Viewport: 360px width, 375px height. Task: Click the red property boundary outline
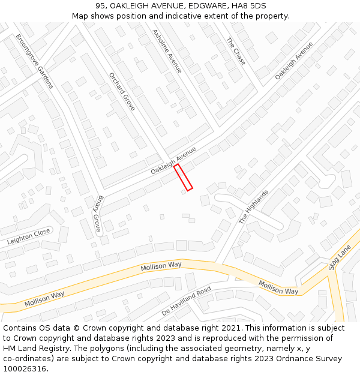point(183,178)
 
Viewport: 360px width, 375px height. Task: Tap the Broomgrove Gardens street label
point(35,61)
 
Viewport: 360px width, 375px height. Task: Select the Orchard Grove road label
point(122,92)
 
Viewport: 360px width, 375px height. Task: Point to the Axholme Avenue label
point(167,52)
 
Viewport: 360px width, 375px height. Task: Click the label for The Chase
point(236,52)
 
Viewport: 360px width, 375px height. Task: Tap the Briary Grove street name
point(98,214)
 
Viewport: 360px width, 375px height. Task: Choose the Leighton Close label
point(29,236)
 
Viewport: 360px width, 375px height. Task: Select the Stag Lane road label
point(340,260)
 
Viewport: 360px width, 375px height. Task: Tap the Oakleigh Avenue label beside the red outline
point(173,162)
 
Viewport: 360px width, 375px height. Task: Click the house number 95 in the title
point(100,6)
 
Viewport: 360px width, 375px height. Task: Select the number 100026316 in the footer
point(23,369)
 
